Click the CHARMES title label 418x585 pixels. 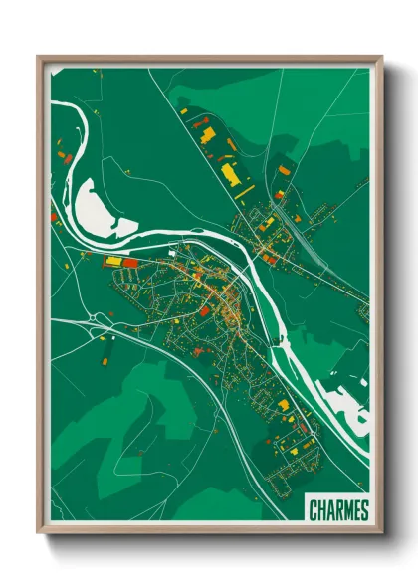tap(338, 510)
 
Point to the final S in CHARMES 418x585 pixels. tap(363, 510)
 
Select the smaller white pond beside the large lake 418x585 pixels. tap(124, 228)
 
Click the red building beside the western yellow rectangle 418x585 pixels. tap(129, 263)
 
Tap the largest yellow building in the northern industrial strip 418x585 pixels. tap(230, 175)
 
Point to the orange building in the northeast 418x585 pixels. tap(284, 170)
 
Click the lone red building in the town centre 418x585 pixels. tap(205, 310)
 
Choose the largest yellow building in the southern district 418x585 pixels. tap(283, 406)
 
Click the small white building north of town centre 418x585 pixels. tap(171, 254)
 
